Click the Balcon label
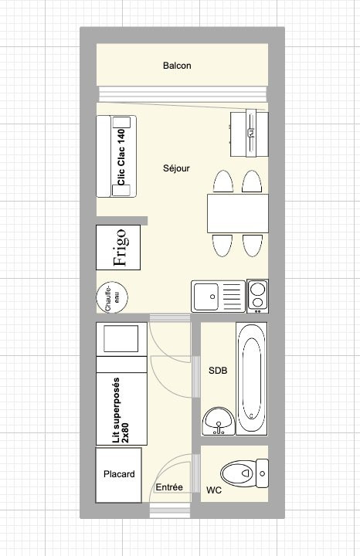click(x=177, y=66)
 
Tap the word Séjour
click(x=176, y=168)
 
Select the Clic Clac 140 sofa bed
click(x=117, y=156)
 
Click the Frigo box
click(x=118, y=248)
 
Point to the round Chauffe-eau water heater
click(x=112, y=297)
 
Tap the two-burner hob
click(x=257, y=296)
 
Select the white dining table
click(x=238, y=213)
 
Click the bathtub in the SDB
click(x=252, y=379)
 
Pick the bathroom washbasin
click(x=219, y=421)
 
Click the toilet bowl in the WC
click(x=239, y=473)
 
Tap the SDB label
click(x=218, y=371)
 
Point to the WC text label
click(x=214, y=490)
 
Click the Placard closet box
click(x=119, y=475)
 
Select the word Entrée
click(x=169, y=487)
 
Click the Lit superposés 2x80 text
click(x=121, y=410)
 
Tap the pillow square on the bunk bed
click(x=121, y=339)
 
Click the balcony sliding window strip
click(x=182, y=94)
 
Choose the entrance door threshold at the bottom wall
click(x=170, y=513)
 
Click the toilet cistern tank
click(x=262, y=473)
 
